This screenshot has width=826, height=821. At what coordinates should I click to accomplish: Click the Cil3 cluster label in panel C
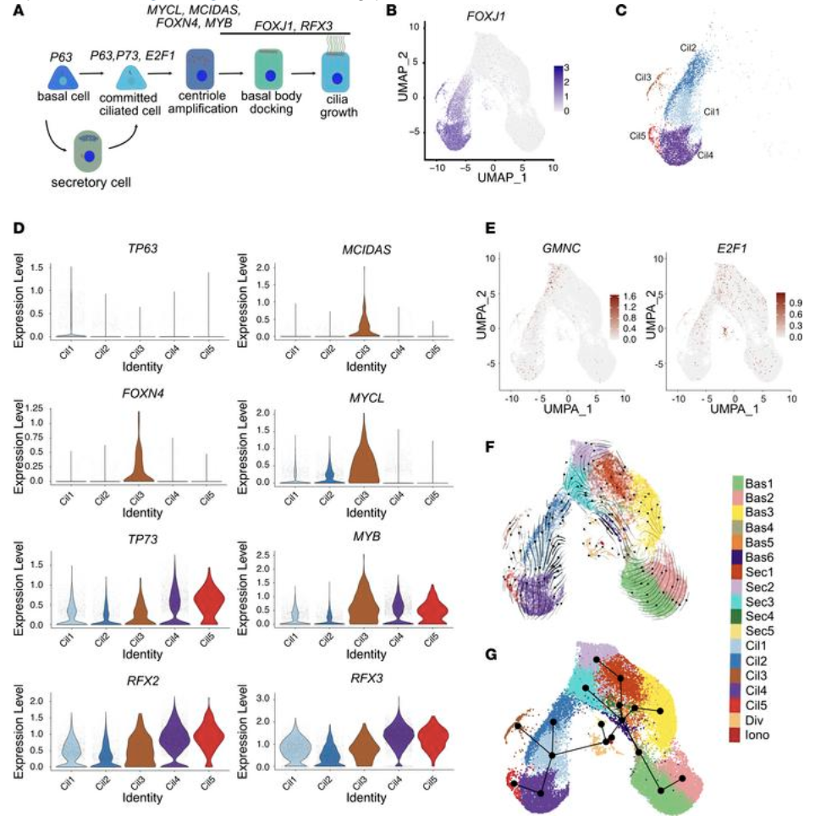tap(644, 77)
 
